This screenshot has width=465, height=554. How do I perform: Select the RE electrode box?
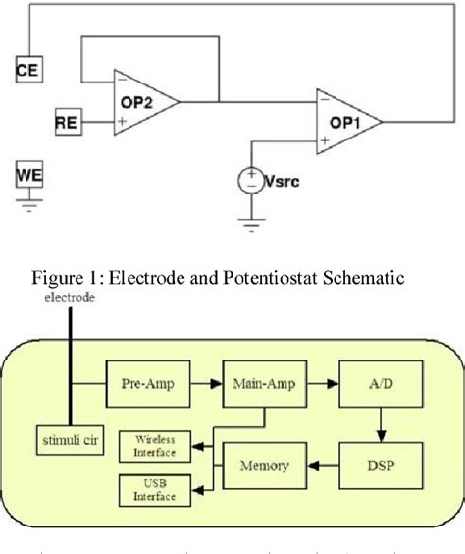67,122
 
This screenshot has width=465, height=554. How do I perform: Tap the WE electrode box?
29,176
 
